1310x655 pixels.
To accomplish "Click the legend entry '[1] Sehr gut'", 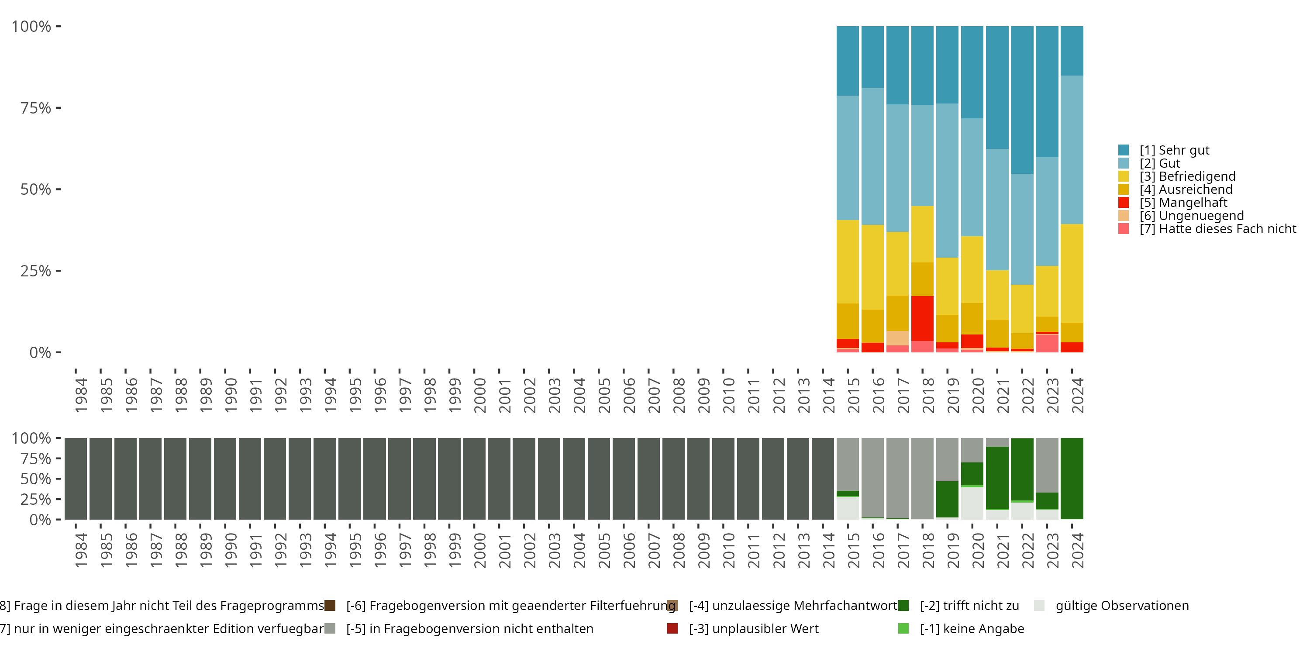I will [x=1174, y=151].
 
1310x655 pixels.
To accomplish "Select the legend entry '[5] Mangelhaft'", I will [x=1183, y=203].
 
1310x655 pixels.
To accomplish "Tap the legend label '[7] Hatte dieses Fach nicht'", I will [x=1217, y=229].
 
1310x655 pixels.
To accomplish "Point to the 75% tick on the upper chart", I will [x=36, y=108].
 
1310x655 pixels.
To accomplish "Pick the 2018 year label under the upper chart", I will [x=927, y=396].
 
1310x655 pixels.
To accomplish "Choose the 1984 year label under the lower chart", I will [x=81, y=551].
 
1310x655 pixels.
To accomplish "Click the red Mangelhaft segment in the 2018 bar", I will [x=922, y=318].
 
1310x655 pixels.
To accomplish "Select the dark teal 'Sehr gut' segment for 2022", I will [x=1022, y=100].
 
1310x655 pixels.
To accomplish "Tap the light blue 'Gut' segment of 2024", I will [x=1072, y=150].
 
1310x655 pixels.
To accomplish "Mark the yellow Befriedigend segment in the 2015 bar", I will [x=847, y=262].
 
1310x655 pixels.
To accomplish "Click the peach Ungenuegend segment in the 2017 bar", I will [x=897, y=338].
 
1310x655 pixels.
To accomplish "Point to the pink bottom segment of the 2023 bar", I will [x=1047, y=344].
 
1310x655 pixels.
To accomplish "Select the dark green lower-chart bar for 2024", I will [x=1072, y=479].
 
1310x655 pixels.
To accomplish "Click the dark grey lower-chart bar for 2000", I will [x=474, y=479].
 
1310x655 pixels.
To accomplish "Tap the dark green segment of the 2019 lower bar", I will [x=947, y=500].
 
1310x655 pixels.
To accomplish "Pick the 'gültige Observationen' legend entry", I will [x=1121, y=606].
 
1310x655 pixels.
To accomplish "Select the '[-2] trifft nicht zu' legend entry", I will [x=969, y=606].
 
